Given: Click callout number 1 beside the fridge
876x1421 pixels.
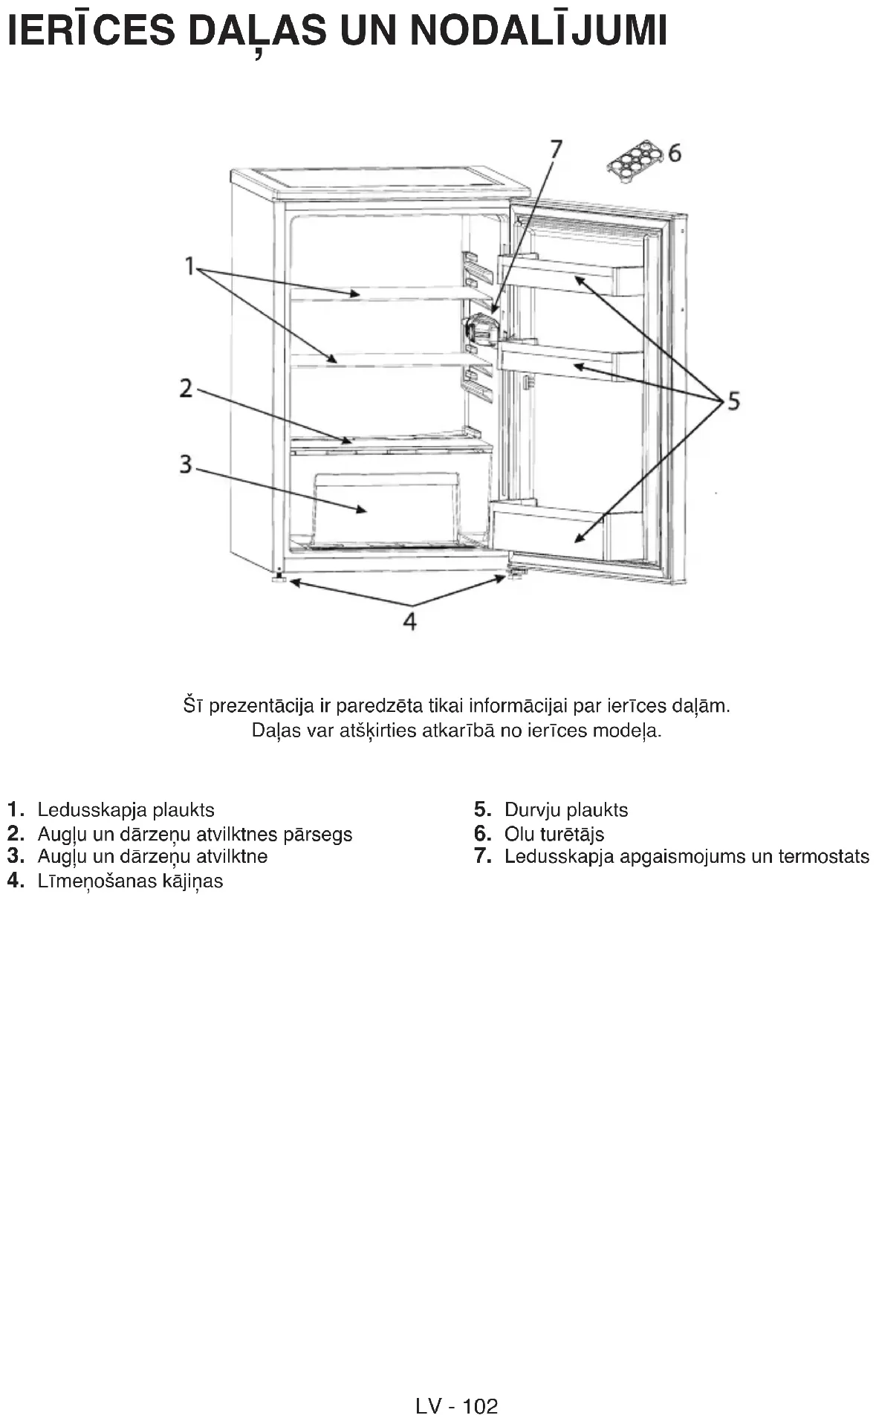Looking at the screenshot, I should [x=189, y=265].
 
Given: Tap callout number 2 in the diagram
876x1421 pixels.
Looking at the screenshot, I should [x=186, y=388].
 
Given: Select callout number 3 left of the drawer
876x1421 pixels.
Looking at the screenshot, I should [x=186, y=465].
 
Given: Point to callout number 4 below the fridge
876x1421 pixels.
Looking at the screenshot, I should [x=409, y=621].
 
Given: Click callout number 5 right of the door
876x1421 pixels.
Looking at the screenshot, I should [x=733, y=401].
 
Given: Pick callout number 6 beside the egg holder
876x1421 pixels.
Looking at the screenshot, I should [x=674, y=153].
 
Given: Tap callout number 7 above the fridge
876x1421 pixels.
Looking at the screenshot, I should [x=556, y=149].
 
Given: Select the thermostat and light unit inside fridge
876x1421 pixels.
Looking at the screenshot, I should [x=481, y=329].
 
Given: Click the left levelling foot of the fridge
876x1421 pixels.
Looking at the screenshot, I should [x=279, y=577].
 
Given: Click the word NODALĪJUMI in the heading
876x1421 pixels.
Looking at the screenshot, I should [x=538, y=31].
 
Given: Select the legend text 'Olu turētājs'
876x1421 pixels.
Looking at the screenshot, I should [x=554, y=834].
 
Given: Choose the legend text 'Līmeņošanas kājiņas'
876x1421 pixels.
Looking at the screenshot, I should [x=130, y=881].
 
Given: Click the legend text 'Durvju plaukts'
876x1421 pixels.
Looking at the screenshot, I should [x=565, y=810].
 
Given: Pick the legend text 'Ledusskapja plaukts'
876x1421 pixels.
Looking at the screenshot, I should [x=126, y=810].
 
